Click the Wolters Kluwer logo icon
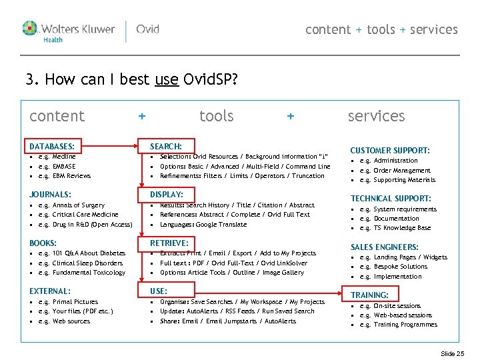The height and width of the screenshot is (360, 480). [31, 28]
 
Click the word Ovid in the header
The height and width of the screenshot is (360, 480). [147, 29]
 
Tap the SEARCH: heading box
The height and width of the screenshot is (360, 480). [167, 146]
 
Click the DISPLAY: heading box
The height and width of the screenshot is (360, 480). [167, 194]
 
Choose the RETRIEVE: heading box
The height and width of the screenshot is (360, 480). [169, 243]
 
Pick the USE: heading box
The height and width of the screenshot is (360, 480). [159, 291]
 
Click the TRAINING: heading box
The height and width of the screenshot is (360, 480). [370, 295]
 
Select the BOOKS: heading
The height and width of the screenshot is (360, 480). [43, 243]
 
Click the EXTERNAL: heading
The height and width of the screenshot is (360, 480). [50, 291]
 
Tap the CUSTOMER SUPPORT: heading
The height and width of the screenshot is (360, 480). [390, 151]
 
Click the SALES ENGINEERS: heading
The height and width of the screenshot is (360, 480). [385, 247]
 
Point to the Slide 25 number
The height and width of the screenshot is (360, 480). [453, 353]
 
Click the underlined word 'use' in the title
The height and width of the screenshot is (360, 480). [166, 81]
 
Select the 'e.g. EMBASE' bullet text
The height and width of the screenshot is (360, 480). [57, 166]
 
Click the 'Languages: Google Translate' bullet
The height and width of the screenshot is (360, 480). [203, 225]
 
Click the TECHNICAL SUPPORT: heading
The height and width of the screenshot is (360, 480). [391, 199]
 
